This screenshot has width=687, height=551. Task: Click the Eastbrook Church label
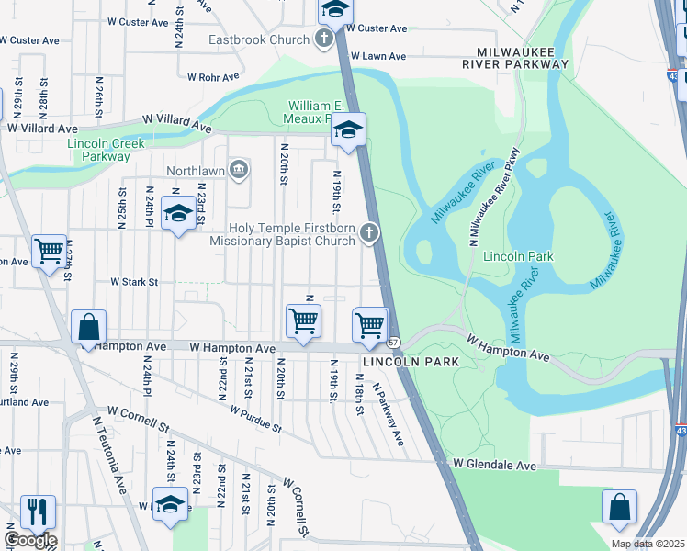pos(259,40)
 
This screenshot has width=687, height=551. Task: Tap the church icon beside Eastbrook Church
pos(322,39)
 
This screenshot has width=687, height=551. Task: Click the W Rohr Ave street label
pos(213,77)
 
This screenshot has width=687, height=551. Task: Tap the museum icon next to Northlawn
pos(239,169)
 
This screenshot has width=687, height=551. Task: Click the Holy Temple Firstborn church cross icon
pos(369,232)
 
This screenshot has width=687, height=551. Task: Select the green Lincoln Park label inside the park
pos(518,256)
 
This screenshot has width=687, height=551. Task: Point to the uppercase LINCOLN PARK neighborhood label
pos(410,363)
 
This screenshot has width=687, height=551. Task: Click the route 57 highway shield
pos(393,343)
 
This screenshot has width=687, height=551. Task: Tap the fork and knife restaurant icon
pos(37,511)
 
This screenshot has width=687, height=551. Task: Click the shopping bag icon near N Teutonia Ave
pos(88,327)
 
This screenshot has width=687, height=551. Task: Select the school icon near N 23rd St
pos(177,214)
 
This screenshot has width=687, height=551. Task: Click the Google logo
pos(30,540)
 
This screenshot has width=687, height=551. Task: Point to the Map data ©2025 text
pos(648,544)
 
